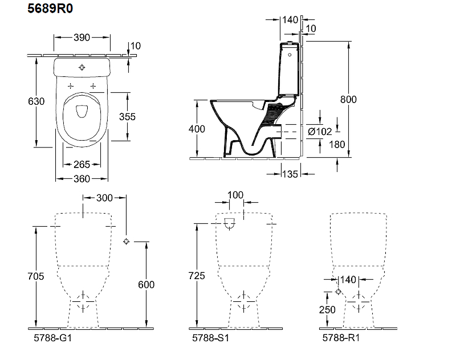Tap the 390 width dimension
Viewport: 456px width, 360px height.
pos(82,38)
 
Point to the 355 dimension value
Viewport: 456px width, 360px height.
pos(127,116)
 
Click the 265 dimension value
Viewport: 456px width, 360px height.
pos(82,165)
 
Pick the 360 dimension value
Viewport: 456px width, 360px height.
pos(82,179)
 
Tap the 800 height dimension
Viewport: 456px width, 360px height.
pos(348,100)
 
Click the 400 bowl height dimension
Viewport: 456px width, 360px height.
pos(197,129)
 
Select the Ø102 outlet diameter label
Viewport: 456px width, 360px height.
pos(320,132)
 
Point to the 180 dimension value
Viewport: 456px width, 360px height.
pos(337,144)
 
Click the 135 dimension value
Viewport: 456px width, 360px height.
pos(290,174)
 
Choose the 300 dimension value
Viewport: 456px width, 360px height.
pos(104,198)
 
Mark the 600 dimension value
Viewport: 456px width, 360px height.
pos(146,285)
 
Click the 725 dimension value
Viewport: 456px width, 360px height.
pos(197,276)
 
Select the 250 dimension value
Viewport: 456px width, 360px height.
pos(326,310)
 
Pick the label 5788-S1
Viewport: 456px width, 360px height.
pos(212,338)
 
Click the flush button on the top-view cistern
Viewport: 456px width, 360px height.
pos(82,68)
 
